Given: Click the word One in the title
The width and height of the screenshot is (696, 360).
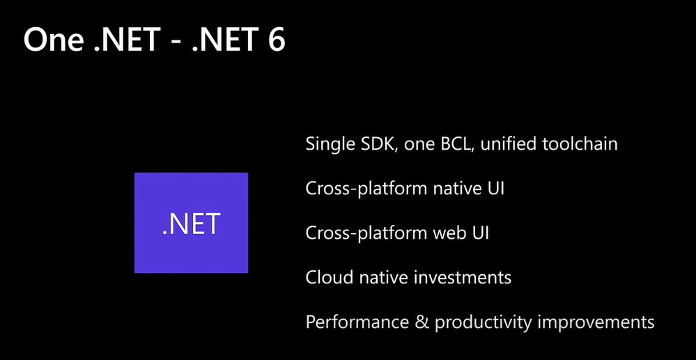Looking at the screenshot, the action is point(53,40).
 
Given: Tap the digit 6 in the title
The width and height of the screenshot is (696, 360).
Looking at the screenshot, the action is point(276,40).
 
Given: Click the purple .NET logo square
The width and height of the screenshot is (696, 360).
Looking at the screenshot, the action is point(192,223).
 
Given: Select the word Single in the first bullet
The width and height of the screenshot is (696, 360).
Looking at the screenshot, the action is point(330,144).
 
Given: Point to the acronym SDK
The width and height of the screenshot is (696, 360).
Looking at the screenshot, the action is point(381,144).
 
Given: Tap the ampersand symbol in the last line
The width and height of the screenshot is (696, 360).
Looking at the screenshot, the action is point(422,322).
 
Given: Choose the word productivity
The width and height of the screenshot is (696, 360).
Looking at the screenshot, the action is point(483,322).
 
